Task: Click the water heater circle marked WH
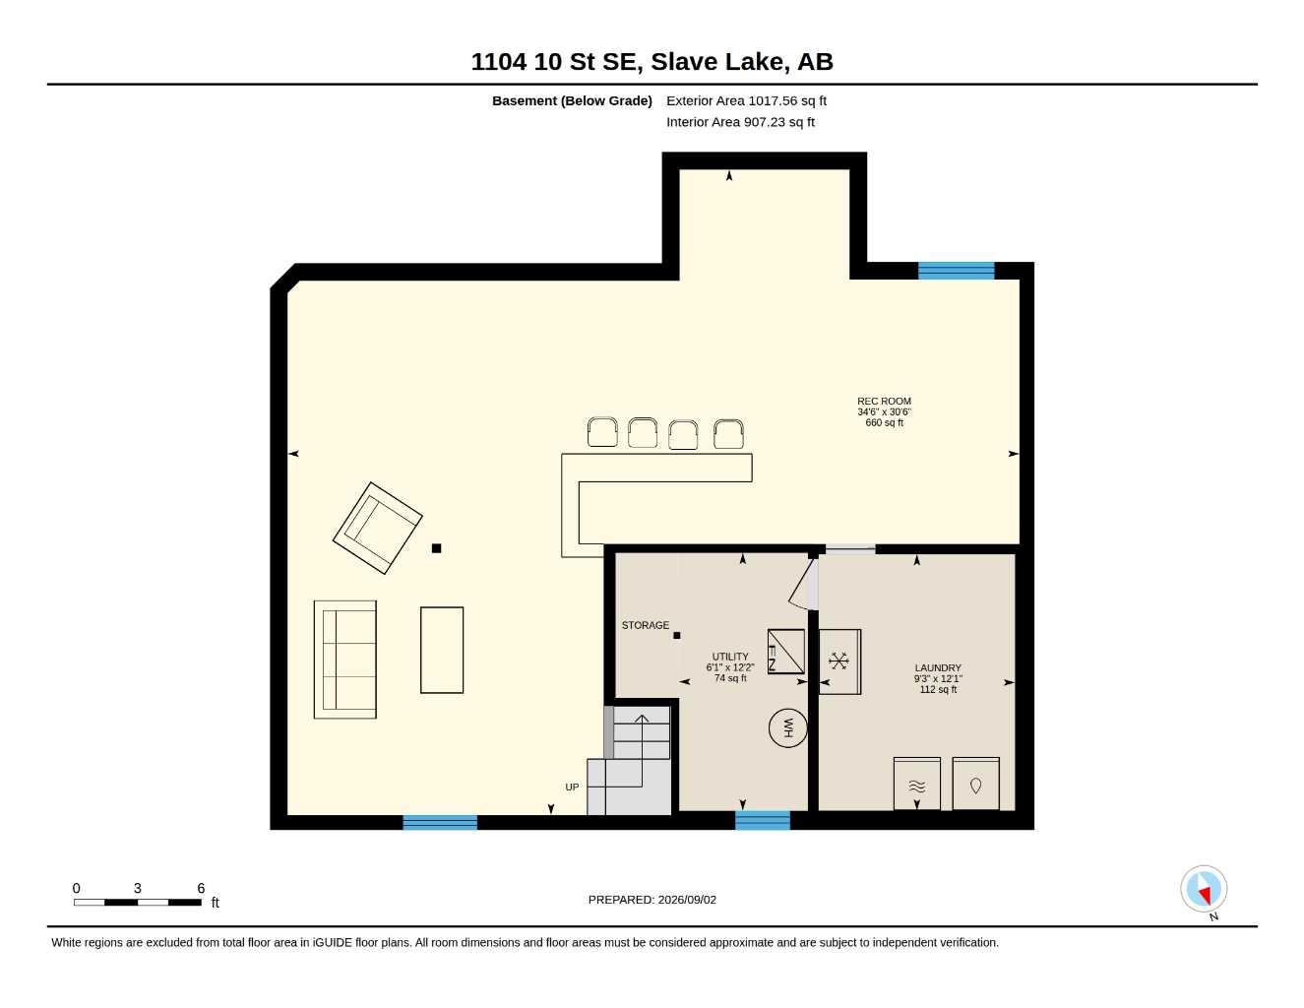(x=787, y=728)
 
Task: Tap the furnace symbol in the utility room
(x=786, y=652)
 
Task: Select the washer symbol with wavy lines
(x=916, y=784)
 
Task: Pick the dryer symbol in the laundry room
(x=975, y=784)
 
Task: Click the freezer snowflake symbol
(x=839, y=661)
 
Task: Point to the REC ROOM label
(x=884, y=401)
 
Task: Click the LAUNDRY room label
(x=938, y=667)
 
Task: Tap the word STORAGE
(x=645, y=625)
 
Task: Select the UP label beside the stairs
(x=572, y=787)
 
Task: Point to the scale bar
(x=138, y=903)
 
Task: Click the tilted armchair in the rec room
(x=378, y=528)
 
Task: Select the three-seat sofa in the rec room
(x=345, y=660)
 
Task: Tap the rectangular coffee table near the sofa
(x=442, y=651)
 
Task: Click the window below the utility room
(x=763, y=820)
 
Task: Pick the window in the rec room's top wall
(x=957, y=271)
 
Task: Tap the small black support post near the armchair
(x=436, y=547)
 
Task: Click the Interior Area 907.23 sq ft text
(x=740, y=122)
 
